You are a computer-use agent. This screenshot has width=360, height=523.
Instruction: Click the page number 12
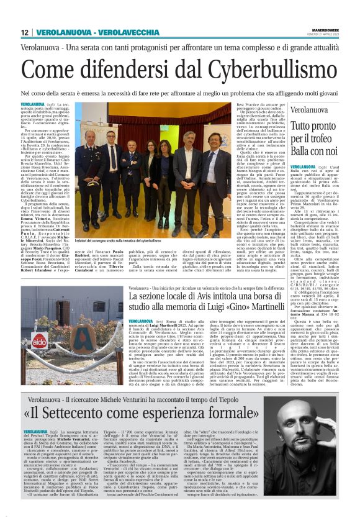pos(25,32)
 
